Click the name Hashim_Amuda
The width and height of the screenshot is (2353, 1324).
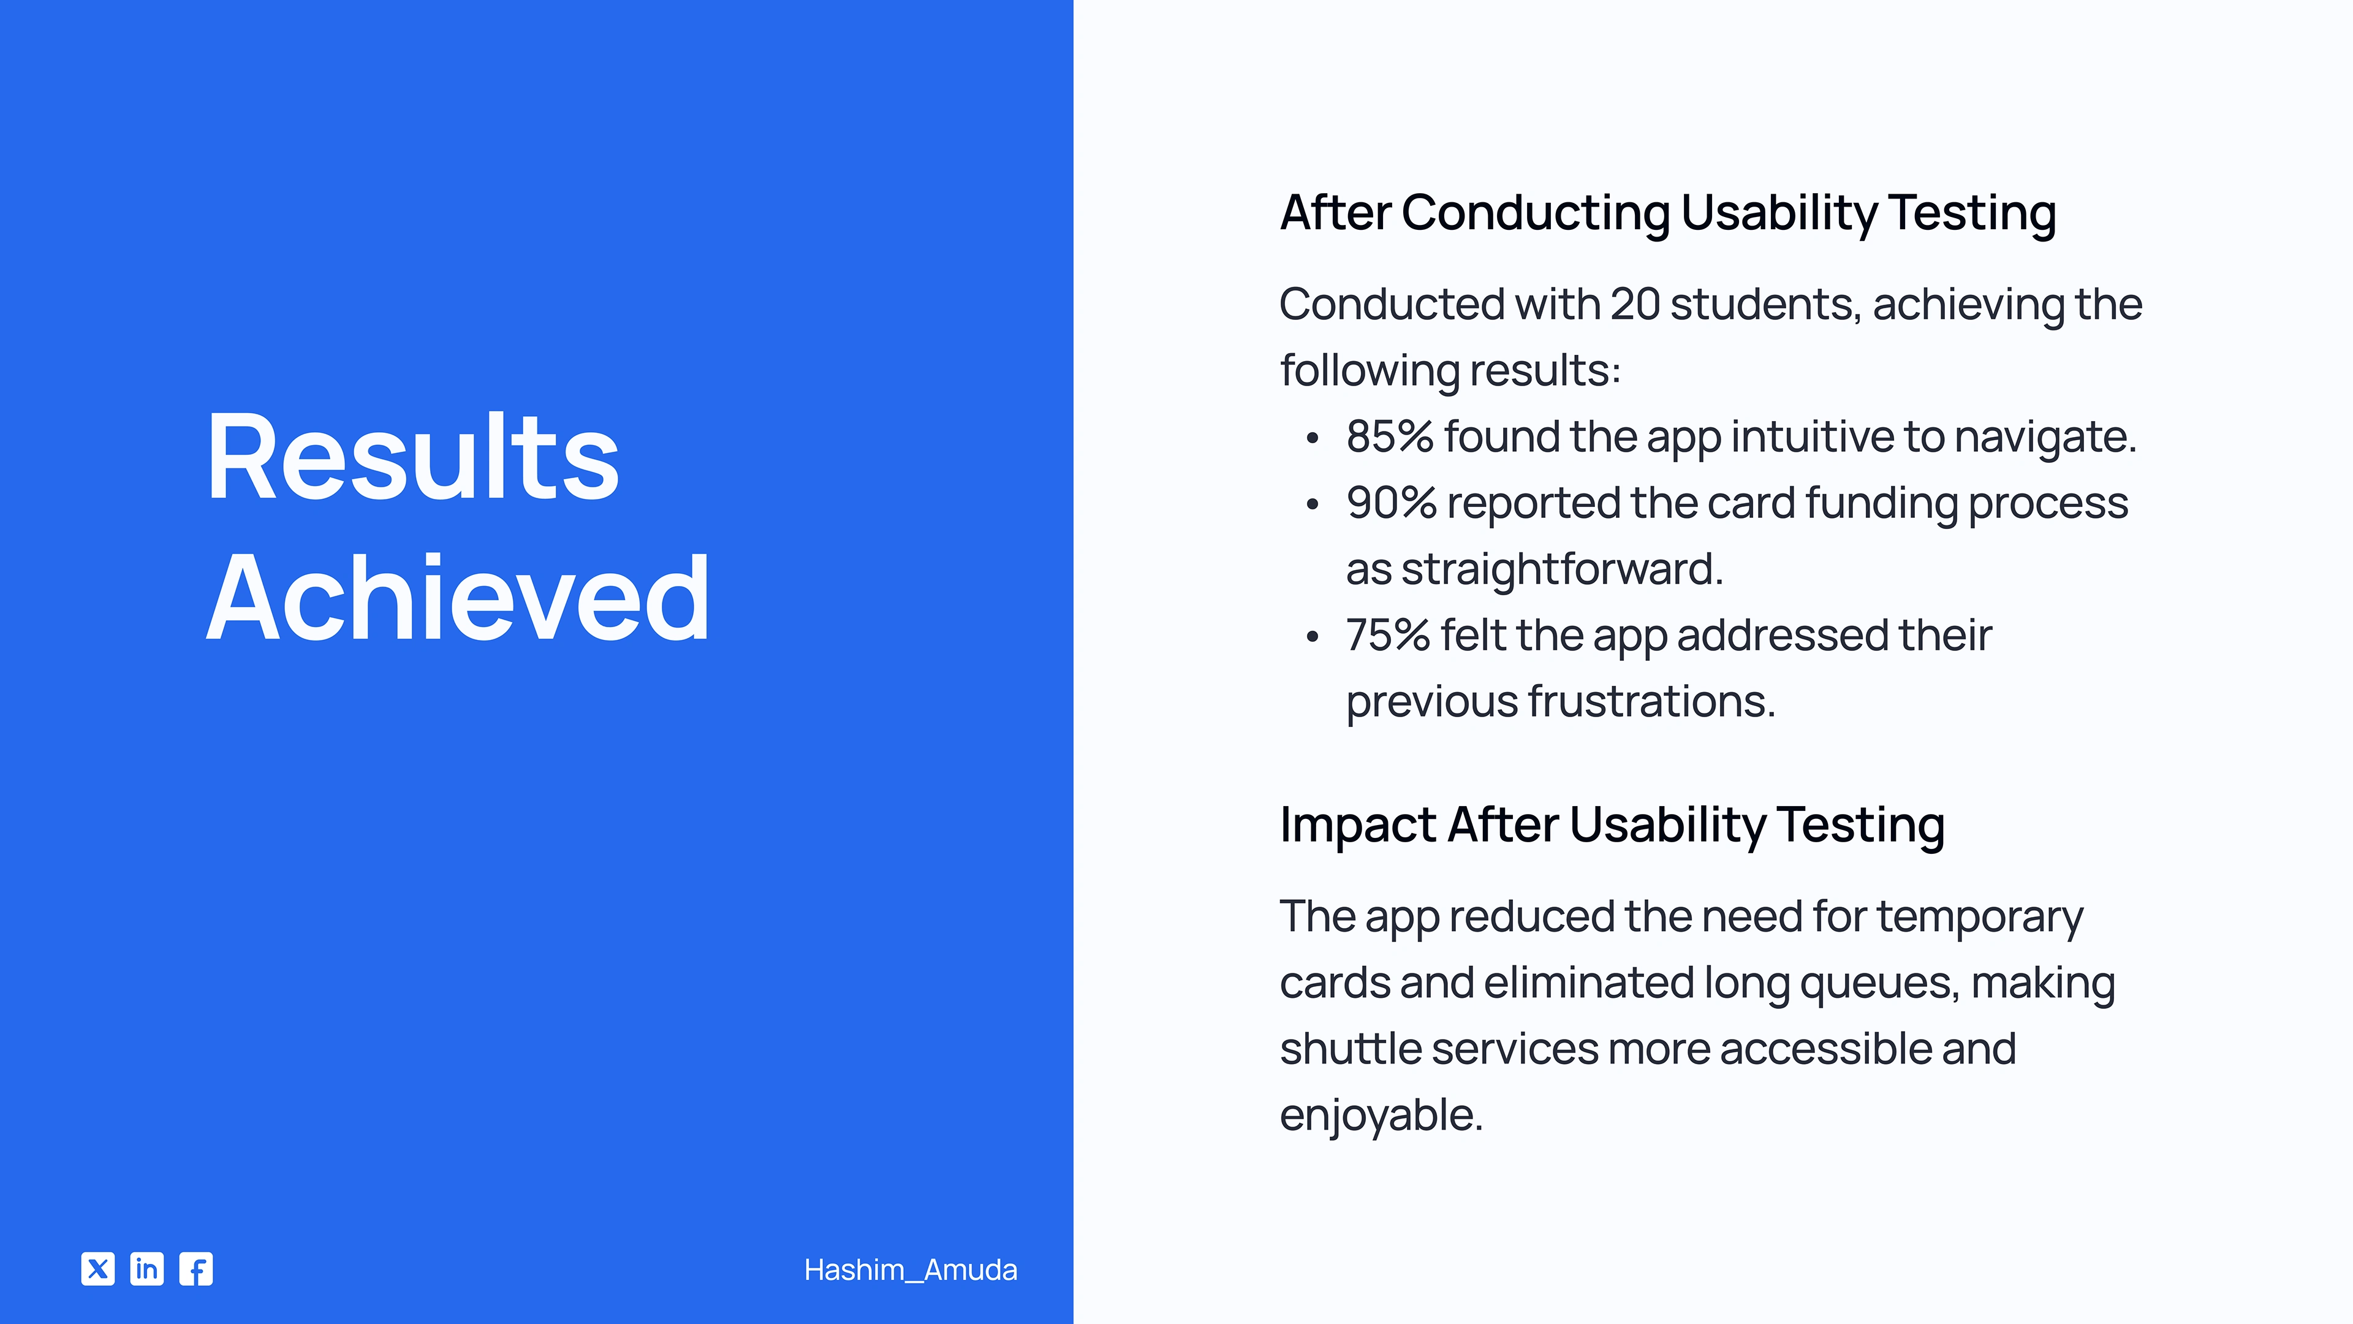pyautogui.click(x=911, y=1270)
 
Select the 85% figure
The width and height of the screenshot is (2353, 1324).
pyautogui.click(x=1389, y=437)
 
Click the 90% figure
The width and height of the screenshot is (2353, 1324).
pyautogui.click(x=1391, y=503)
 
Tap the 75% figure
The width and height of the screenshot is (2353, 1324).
pyautogui.click(x=1387, y=635)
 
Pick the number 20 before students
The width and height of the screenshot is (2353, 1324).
pyautogui.click(x=1635, y=304)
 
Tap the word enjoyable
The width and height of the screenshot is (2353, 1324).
pyautogui.click(x=1381, y=1116)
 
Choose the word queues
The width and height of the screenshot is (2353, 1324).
pyautogui.click(x=1879, y=984)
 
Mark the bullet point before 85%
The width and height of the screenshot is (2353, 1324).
pyautogui.click(x=1313, y=439)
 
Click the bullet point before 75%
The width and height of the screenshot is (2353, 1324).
pyautogui.click(x=1313, y=637)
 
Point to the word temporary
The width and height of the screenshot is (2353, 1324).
pyautogui.click(x=1980, y=918)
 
